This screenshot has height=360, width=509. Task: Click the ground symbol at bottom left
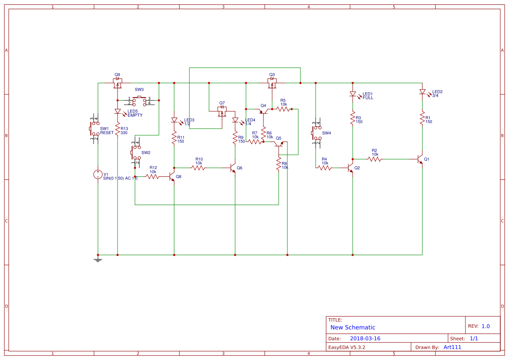pyautogui.click(x=98, y=259)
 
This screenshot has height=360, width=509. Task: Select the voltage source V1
pyautogui.click(x=98, y=175)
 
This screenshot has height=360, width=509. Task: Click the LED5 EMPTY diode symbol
pyautogui.click(x=118, y=111)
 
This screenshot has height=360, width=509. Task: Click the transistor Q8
pyautogui.click(x=172, y=176)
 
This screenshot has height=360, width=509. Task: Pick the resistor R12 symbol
pyautogui.click(x=152, y=176)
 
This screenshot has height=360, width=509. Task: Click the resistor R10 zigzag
pyautogui.click(x=198, y=168)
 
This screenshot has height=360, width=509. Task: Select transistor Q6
pyautogui.click(x=233, y=168)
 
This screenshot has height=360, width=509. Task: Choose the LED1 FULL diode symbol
pyautogui.click(x=353, y=94)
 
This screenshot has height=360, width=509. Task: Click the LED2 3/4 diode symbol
pyautogui.click(x=422, y=92)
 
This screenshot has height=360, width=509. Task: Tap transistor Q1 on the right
pyautogui.click(x=421, y=159)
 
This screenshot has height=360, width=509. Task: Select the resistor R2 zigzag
pyautogui.click(x=374, y=159)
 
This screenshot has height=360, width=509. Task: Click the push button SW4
pyautogui.click(x=316, y=133)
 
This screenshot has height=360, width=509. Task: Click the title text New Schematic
pyautogui.click(x=353, y=327)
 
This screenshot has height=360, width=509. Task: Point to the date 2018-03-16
pyautogui.click(x=365, y=338)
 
